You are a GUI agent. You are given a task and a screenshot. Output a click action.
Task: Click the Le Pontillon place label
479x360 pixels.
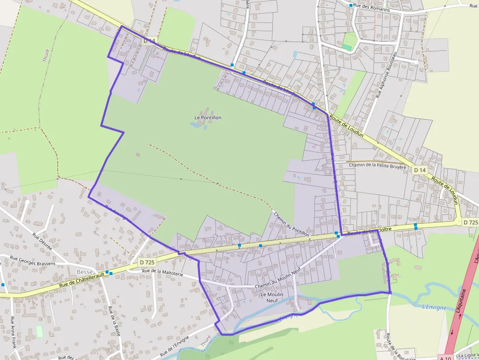(x=208, y=118)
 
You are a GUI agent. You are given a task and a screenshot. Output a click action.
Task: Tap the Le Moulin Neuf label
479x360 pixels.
(x=269, y=297)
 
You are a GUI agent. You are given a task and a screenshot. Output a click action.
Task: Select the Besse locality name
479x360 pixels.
(x=84, y=271)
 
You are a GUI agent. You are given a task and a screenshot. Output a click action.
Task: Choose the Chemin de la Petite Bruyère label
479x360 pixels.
(x=378, y=165)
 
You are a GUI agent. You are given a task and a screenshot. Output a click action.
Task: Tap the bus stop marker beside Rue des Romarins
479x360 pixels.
(x=351, y=5)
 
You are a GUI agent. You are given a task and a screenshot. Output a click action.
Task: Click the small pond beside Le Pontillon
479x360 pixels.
(x=195, y=125)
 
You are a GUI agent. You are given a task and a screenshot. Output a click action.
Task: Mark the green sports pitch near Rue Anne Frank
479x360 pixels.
(x=39, y=331)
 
